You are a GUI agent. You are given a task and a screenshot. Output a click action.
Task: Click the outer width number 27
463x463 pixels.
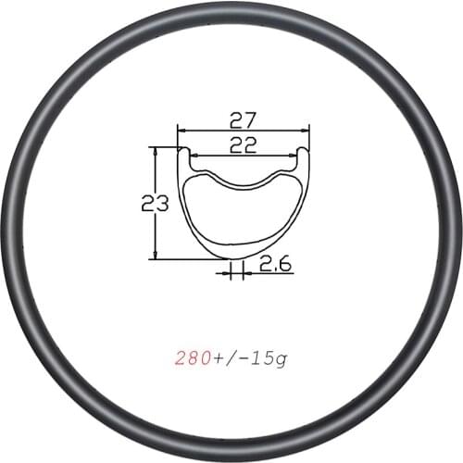click(244, 119)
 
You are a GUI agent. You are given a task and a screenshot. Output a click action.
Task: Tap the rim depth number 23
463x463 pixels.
click(154, 202)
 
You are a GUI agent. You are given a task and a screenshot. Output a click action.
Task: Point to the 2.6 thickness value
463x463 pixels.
click(275, 265)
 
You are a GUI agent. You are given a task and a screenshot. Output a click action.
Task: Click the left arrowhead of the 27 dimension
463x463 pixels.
click(181, 131)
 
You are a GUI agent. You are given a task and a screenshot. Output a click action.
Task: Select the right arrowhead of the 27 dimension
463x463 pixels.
click(307, 131)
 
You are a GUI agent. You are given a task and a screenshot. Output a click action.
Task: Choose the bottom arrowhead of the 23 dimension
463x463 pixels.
click(156, 257)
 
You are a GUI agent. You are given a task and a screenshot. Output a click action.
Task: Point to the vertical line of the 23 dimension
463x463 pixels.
click(156, 231)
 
